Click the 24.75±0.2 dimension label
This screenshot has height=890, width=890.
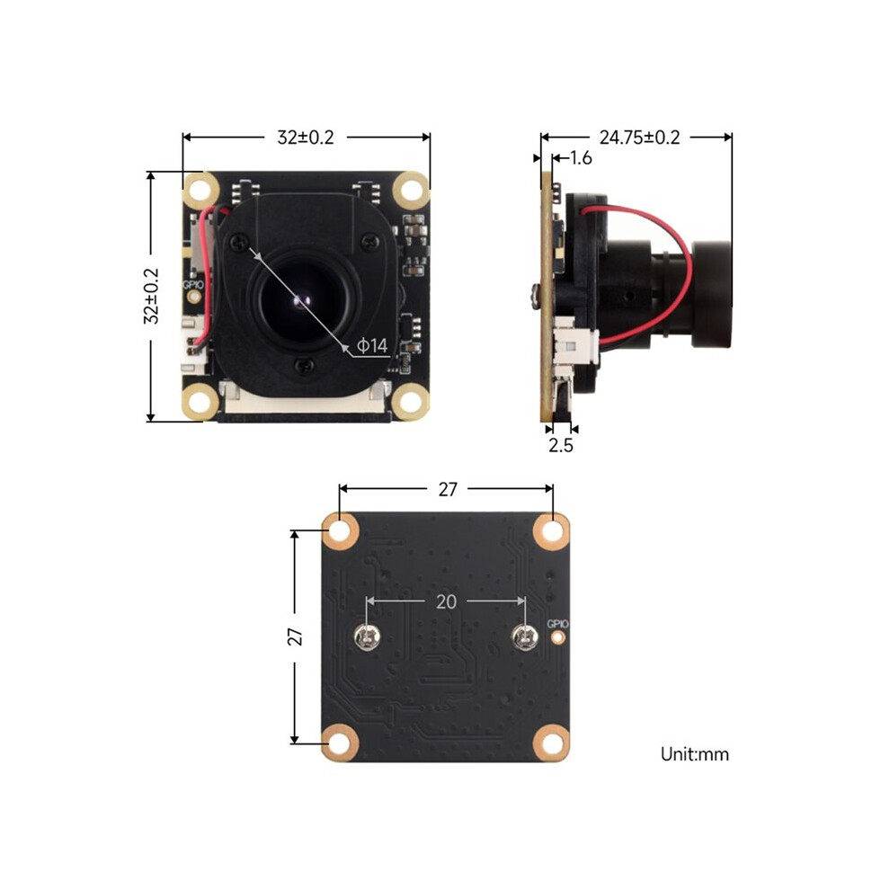click(x=640, y=138)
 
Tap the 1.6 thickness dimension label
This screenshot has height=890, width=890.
click(x=581, y=158)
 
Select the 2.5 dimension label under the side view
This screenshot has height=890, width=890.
click(x=561, y=445)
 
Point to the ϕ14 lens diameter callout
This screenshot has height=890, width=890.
click(x=372, y=345)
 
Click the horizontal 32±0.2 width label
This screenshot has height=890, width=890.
click(x=306, y=138)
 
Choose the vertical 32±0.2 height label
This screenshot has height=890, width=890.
click(x=151, y=297)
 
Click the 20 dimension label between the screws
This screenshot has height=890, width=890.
click(x=446, y=601)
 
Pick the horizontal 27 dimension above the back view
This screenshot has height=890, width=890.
click(x=448, y=489)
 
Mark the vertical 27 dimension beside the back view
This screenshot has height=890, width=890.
click(x=295, y=636)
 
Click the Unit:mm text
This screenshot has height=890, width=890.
click(x=695, y=754)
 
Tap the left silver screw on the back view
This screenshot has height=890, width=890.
click(x=368, y=636)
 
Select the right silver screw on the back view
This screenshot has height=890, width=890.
click(x=525, y=636)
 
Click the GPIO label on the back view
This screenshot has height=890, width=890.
click(x=557, y=625)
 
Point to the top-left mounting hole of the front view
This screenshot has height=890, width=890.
click(x=200, y=191)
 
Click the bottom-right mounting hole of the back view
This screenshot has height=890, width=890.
click(x=551, y=743)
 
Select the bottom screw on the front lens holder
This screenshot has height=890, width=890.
click(x=304, y=366)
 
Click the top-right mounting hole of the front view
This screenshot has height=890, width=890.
click(x=411, y=191)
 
